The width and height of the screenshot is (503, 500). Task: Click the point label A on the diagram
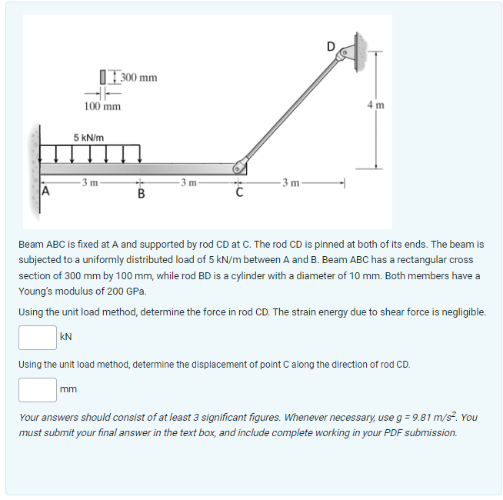(45, 192)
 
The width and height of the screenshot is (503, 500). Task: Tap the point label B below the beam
(141, 193)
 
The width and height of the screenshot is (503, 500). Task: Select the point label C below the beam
(239, 192)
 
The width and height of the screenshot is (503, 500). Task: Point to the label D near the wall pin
(331, 45)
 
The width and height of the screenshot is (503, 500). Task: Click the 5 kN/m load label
(89, 137)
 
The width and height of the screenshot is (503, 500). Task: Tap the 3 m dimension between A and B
(90, 182)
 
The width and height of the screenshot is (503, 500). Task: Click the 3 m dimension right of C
(291, 182)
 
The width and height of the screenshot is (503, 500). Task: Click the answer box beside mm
(38, 390)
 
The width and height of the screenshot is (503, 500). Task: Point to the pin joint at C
(240, 166)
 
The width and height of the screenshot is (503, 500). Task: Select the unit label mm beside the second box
(68, 390)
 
